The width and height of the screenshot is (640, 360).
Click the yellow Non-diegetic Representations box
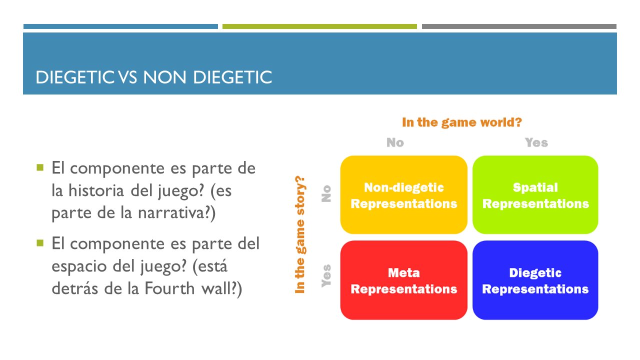point(403,195)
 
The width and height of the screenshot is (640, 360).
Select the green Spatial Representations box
point(535,195)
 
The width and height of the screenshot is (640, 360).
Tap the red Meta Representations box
point(403,280)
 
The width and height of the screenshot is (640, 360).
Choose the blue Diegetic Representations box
point(535,280)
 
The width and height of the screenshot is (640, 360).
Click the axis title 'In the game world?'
point(461,122)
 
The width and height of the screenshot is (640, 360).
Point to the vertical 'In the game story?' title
point(300,234)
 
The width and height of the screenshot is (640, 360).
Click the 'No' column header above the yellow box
point(395,142)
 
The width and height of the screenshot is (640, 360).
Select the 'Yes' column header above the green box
point(536,142)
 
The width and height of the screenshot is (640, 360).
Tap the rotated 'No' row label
point(326,193)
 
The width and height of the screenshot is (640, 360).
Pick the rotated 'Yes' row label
point(326,275)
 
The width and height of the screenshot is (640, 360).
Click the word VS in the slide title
point(127,77)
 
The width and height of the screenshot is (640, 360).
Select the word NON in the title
point(164,77)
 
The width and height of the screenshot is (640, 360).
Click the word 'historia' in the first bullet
point(96,190)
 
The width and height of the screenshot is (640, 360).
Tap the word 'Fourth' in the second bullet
point(169,288)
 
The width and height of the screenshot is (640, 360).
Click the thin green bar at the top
point(319,26)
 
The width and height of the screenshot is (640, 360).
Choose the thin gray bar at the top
point(519,26)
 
